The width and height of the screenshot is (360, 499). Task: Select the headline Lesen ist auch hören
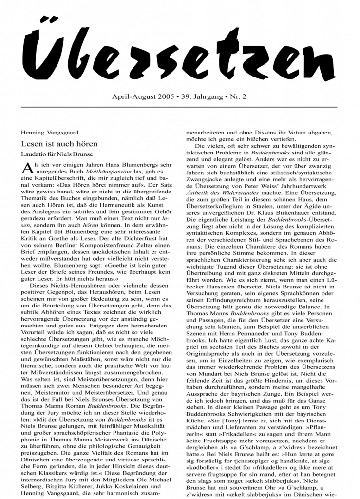click(x=59, y=144)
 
